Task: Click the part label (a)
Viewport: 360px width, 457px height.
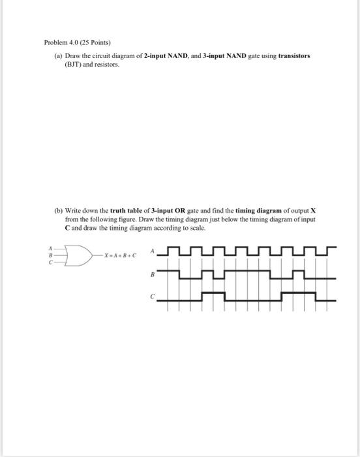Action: click(x=58, y=56)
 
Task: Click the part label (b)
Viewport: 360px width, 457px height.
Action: click(x=58, y=212)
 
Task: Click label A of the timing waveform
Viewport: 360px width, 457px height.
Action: click(x=153, y=249)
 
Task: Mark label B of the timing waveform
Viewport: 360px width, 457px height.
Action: click(x=153, y=275)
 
